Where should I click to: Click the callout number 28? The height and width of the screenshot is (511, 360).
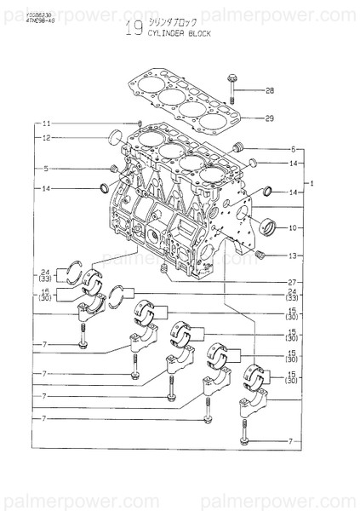coord(269,90)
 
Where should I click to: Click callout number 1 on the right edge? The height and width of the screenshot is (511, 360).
coord(312,183)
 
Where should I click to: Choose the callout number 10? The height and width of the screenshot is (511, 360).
coord(293,227)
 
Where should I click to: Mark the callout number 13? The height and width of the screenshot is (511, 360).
coord(293,255)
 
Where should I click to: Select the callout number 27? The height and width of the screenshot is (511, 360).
coord(293,282)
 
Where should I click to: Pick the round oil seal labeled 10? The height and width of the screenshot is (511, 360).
coord(271,227)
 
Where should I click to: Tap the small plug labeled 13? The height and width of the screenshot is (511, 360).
coord(261,254)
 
